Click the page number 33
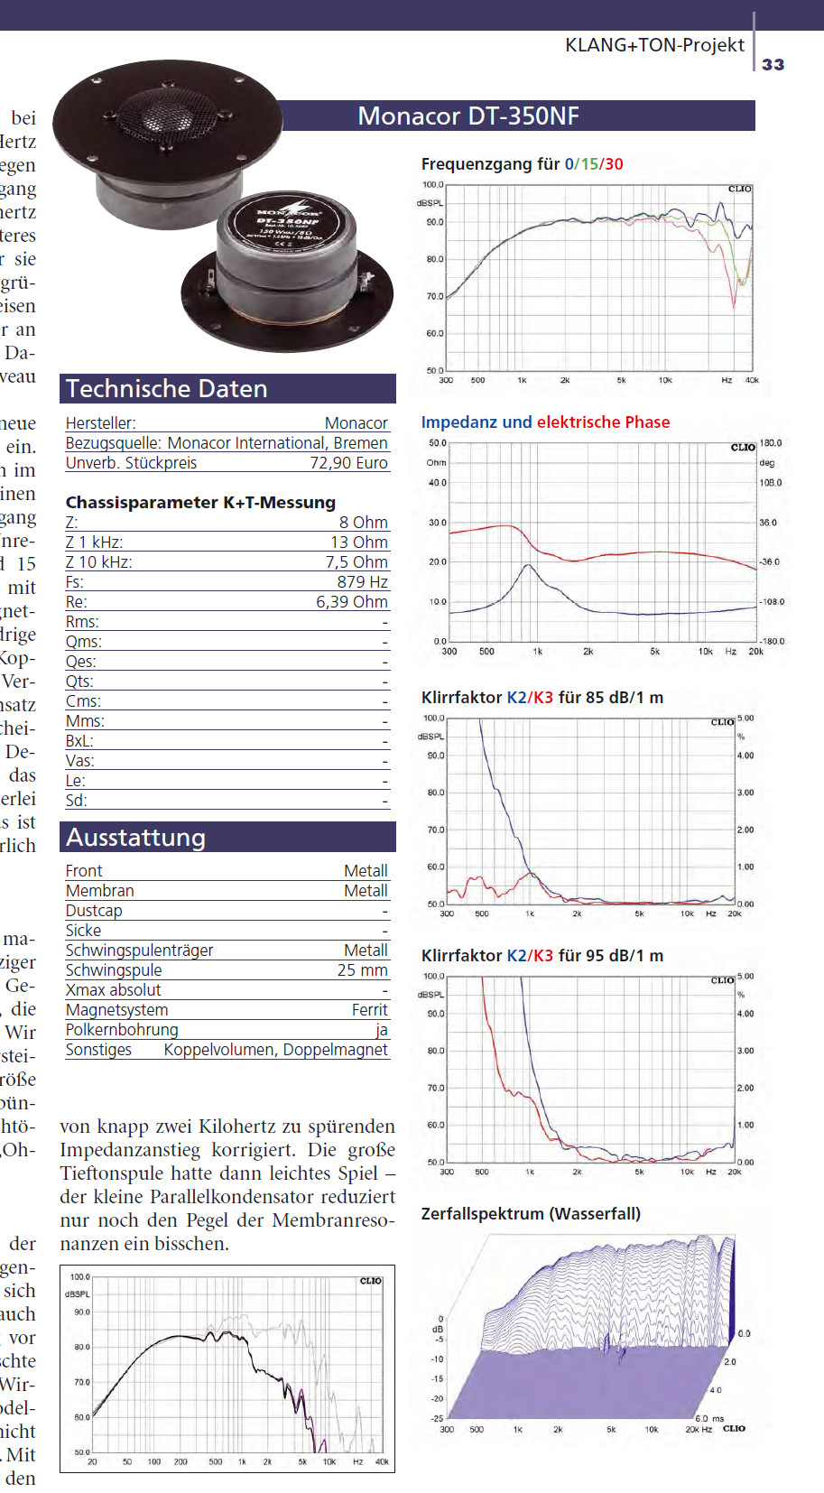pyautogui.click(x=773, y=64)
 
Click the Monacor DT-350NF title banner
pyautogui.click(x=468, y=116)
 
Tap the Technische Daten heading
pyautogui.click(x=167, y=389)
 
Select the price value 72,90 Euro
pyautogui.click(x=348, y=463)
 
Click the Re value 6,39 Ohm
pyautogui.click(x=351, y=602)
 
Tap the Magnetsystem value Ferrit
pyautogui.click(x=369, y=1010)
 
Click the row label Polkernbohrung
pyautogui.click(x=122, y=1030)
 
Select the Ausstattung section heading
pyautogui.click(x=136, y=838)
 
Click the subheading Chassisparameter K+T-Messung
pyautogui.click(x=200, y=503)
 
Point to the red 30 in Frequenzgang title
pyautogui.click(x=614, y=164)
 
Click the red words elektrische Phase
pyautogui.click(x=603, y=422)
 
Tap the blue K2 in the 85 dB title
pyautogui.click(x=515, y=698)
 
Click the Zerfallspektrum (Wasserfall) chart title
pyautogui.click(x=531, y=1214)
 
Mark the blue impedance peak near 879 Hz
pyautogui.click(x=528, y=566)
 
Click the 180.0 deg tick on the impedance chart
pyautogui.click(x=771, y=443)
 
